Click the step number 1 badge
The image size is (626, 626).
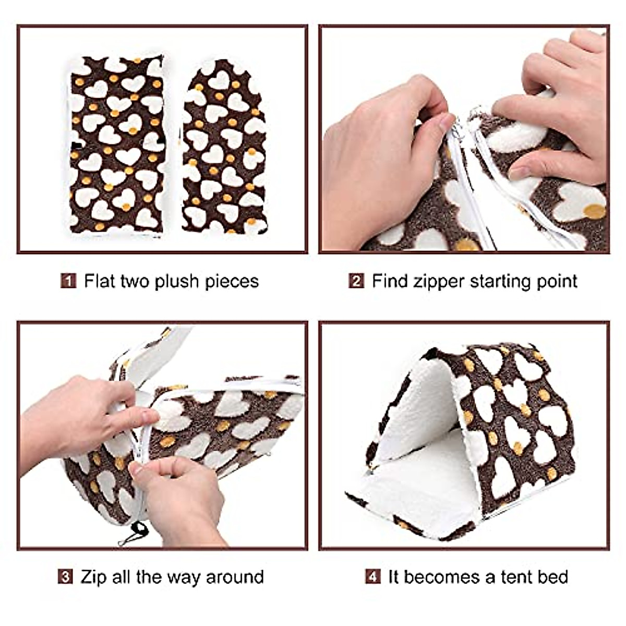68,281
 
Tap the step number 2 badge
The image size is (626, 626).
356,281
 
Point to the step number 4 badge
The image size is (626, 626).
372,577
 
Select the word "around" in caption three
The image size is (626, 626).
235,577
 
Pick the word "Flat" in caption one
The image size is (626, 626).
100,281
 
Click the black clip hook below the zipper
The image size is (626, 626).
137,532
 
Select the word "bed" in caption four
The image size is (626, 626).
554,577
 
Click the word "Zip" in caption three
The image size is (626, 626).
92,577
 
